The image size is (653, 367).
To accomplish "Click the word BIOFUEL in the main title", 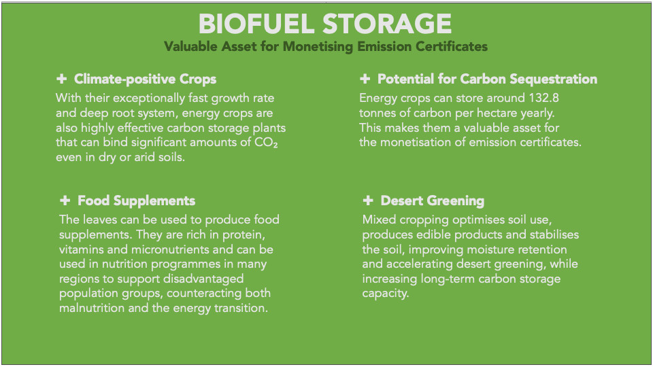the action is (256, 24).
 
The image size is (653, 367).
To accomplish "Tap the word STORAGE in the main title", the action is (387, 24).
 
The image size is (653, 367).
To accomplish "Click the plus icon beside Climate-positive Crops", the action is (62, 79).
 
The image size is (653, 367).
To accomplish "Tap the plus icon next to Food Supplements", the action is (65, 200).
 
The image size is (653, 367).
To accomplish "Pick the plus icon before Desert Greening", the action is (368, 200).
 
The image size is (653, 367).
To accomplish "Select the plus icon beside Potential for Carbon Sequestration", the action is (365, 79).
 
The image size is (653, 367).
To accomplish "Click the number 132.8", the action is (544, 98).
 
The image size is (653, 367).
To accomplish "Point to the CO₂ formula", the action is (266, 142).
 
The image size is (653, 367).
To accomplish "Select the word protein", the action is (244, 234).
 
